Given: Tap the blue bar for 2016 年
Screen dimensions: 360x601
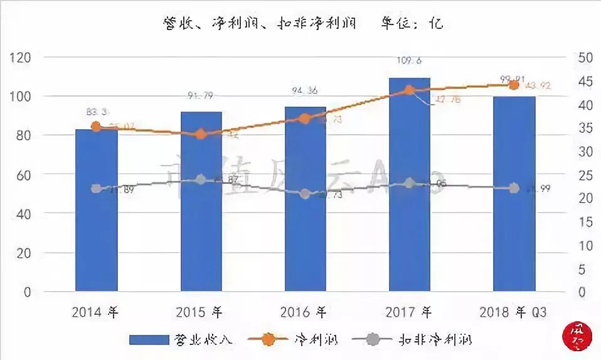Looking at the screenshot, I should pyautogui.click(x=305, y=199).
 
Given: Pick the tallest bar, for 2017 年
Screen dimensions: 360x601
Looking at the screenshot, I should pyautogui.click(x=409, y=185).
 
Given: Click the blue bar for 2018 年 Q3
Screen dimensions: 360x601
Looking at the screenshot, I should pyautogui.click(x=514, y=194).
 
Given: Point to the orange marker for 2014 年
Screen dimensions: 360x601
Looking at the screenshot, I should pyautogui.click(x=96, y=127).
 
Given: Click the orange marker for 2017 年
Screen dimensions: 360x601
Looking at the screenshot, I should pyautogui.click(x=410, y=90).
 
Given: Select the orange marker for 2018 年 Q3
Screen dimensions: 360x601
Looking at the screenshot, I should pyautogui.click(x=514, y=85).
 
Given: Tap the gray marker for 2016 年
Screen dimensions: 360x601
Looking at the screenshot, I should pyautogui.click(x=305, y=194).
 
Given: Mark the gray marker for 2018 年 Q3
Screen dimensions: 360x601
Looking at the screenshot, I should pyautogui.click(x=514, y=188).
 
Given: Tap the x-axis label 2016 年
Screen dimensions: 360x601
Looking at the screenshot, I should pyautogui.click(x=304, y=311).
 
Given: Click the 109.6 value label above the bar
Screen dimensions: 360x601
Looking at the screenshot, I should pyautogui.click(x=409, y=60).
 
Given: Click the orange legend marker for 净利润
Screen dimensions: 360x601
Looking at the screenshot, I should pyautogui.click(x=268, y=340).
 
